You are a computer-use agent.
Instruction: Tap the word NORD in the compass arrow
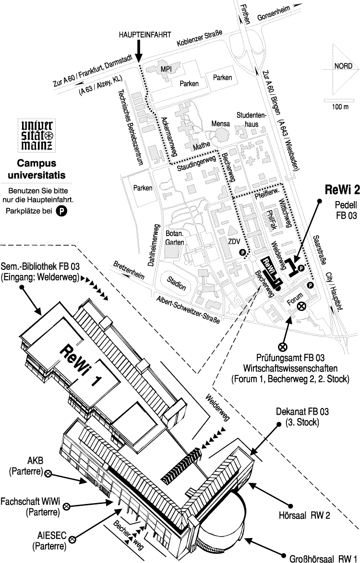(x=338, y=67)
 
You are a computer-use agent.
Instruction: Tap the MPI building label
(x=166, y=69)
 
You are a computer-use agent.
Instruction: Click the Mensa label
(x=221, y=124)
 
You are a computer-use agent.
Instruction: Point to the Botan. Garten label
(x=175, y=238)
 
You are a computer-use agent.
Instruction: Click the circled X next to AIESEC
(x=73, y=539)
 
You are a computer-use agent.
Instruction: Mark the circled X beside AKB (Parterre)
(x=48, y=473)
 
